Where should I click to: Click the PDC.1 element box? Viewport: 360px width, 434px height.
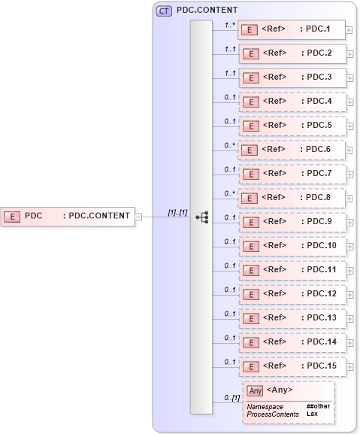pos(292,30)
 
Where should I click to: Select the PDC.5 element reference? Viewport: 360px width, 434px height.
pos(292,126)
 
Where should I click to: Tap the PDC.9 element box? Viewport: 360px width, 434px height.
pos(292,221)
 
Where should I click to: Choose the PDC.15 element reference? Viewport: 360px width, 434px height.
pos(292,366)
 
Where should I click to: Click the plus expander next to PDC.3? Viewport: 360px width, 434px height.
pos(349,78)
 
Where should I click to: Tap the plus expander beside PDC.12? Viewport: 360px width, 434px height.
pos(349,294)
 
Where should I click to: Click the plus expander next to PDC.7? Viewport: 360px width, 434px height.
pos(349,174)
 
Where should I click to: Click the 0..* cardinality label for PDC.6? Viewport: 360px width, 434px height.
pos(231,145)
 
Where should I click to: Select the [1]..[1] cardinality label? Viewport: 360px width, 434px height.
pos(177,212)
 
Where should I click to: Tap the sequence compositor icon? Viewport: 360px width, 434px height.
pos(201,217)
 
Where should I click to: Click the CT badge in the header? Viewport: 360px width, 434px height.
pos(163,11)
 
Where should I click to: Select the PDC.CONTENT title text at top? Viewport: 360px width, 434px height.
pos(207,11)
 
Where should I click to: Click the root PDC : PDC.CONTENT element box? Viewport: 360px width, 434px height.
pos(68,217)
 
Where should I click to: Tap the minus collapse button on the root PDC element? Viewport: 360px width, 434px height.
pos(138,217)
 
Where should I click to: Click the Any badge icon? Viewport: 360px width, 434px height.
pos(255,390)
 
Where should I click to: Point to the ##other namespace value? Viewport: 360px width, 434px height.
pos(318,406)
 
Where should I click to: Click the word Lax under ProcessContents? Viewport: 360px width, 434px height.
pos(311,414)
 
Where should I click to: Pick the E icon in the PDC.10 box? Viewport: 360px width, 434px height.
pos(253,246)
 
